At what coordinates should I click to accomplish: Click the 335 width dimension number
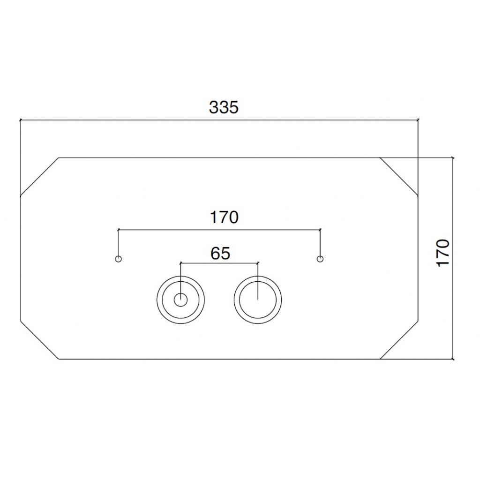tap(224, 107)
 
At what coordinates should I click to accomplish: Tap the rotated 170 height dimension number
tap(442, 253)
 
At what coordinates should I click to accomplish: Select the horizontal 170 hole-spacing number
tap(224, 217)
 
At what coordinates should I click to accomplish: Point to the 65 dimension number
tap(220, 254)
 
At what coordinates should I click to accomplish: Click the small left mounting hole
tap(119, 259)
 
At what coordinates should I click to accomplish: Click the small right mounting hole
tap(320, 259)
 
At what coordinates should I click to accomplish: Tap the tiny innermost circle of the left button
tap(180, 300)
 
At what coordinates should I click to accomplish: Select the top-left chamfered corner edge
tap(39, 177)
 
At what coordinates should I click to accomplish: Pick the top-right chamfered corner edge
tap(399, 177)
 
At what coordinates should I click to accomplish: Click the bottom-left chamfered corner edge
tap(39, 340)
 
